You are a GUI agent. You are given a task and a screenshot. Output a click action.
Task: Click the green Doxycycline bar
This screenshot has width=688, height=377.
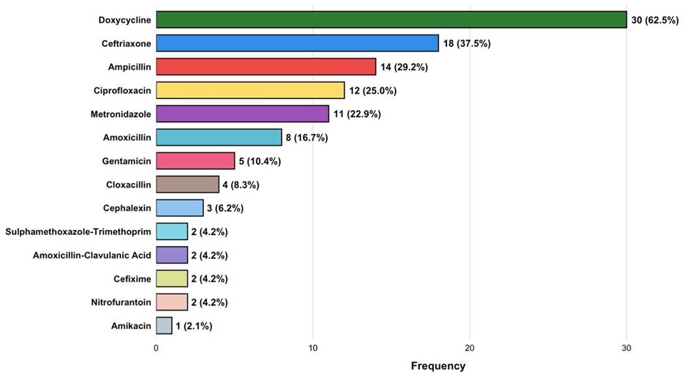392,20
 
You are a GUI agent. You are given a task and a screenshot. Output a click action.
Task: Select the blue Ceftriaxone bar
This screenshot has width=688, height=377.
298,44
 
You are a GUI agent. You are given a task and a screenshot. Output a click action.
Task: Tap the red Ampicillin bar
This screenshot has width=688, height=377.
266,66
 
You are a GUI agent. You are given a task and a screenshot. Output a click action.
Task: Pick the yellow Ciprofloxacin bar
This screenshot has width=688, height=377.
251,91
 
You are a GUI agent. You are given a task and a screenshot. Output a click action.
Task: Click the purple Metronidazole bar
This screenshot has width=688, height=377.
242,114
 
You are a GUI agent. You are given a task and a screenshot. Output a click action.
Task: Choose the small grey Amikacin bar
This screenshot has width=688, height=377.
164,326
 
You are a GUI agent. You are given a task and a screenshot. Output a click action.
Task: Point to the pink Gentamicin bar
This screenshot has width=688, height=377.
195,161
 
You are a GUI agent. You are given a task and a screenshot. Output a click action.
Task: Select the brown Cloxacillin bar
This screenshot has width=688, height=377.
188,184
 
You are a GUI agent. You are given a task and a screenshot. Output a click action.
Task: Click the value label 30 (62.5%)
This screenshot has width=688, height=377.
655,20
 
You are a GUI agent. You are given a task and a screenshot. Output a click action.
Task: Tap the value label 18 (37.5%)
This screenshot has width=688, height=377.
467,44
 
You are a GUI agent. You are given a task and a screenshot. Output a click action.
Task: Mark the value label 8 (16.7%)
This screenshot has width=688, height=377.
307,137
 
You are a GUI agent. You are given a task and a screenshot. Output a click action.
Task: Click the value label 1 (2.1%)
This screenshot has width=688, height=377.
194,326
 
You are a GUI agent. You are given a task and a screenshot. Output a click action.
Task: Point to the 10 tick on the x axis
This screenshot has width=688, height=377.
313,348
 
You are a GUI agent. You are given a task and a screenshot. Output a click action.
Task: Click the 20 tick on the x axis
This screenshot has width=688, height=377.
470,348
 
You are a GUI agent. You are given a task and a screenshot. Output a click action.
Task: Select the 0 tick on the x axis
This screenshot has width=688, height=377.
156,348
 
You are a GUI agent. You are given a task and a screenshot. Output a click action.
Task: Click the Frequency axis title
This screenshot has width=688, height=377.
438,365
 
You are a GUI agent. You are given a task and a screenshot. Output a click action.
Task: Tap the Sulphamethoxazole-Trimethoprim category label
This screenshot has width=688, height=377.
78,231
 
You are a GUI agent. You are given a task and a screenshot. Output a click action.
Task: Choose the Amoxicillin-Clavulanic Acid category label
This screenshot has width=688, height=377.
92,255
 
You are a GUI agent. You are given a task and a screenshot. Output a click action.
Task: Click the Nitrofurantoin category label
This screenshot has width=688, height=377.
121,302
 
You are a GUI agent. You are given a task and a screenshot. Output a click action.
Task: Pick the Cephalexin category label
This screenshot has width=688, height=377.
127,208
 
